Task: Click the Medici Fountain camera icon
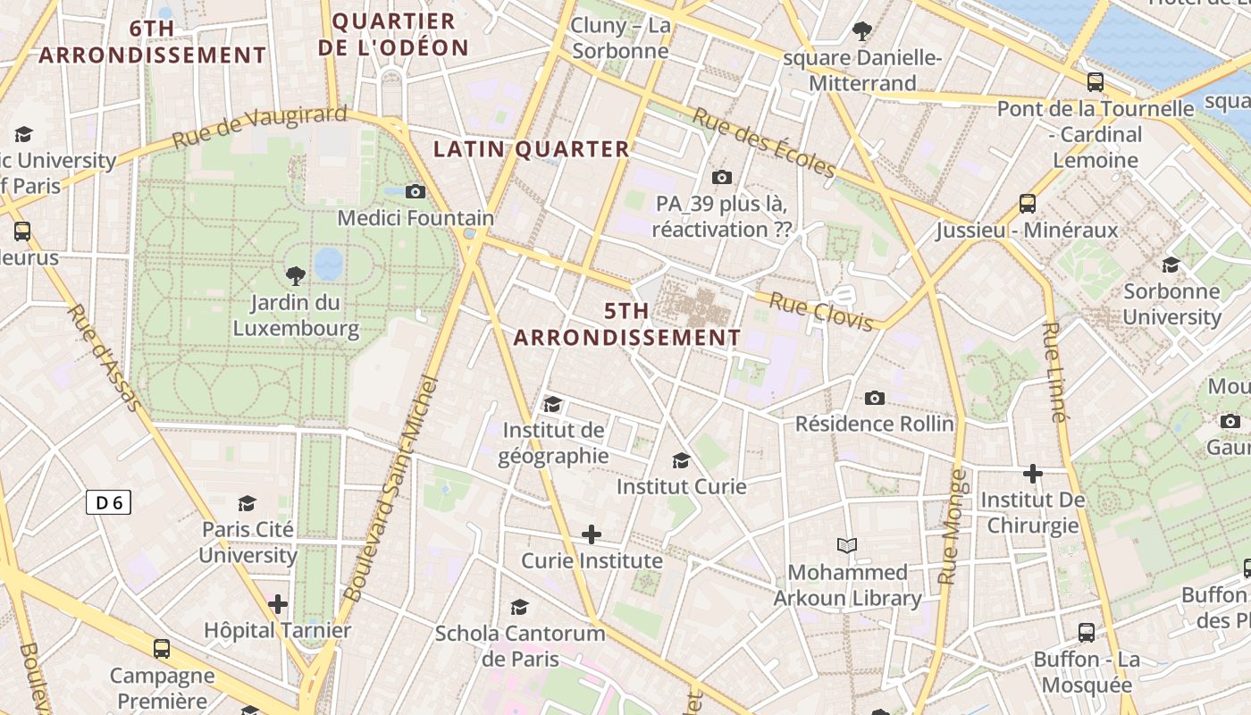pyautogui.click(x=415, y=191)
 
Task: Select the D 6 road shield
pyautogui.click(x=109, y=503)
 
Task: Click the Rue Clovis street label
pyautogui.click(x=820, y=312)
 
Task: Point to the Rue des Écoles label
pyautogui.click(x=764, y=143)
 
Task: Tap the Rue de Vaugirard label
pyautogui.click(x=259, y=127)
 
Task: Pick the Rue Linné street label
pyautogui.click(x=1055, y=371)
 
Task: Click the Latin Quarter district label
pyautogui.click(x=532, y=149)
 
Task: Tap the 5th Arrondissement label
pyautogui.click(x=626, y=324)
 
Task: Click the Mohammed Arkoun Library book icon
pyautogui.click(x=846, y=545)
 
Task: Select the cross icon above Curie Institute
pyautogui.click(x=591, y=534)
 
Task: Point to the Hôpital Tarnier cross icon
pyautogui.click(x=278, y=604)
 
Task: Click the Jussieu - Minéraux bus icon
pyautogui.click(x=1028, y=204)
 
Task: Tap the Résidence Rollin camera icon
pyautogui.click(x=875, y=398)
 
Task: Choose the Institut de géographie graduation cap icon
pyautogui.click(x=552, y=404)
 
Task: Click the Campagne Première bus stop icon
pyautogui.click(x=162, y=649)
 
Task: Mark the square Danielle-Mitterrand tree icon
pyautogui.click(x=862, y=32)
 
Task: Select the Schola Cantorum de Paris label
pyautogui.click(x=520, y=646)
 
